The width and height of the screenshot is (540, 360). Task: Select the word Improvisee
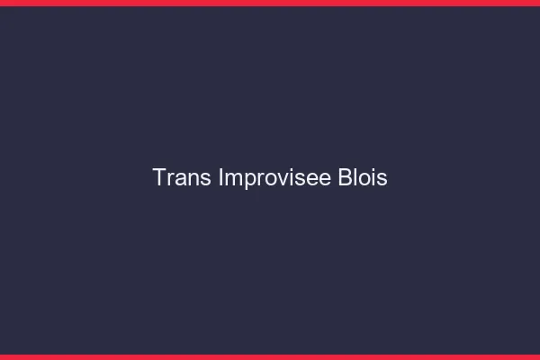pyautogui.click(x=274, y=178)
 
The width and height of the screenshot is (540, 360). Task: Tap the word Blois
pyautogui.click(x=362, y=178)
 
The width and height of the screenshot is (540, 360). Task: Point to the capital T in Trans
pyautogui.click(x=159, y=178)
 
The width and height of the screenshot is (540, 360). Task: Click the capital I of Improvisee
pyautogui.click(x=220, y=178)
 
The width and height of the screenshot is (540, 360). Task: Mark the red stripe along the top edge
pyautogui.click(x=270, y=3)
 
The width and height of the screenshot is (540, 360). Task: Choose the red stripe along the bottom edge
pyautogui.click(x=270, y=356)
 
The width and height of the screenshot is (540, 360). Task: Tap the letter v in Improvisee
pyautogui.click(x=281, y=179)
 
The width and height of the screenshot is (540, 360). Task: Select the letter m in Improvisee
pyautogui.click(x=231, y=179)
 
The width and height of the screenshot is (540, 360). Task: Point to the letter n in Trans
pyautogui.click(x=193, y=179)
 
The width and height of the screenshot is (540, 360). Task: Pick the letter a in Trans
pyautogui.click(x=182, y=179)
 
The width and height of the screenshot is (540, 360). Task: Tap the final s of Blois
pyautogui.click(x=382, y=179)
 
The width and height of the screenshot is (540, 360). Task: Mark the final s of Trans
pyautogui.click(x=206, y=179)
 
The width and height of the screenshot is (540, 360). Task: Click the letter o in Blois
pyautogui.click(x=364, y=179)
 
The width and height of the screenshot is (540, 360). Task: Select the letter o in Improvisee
pyautogui.click(x=268, y=179)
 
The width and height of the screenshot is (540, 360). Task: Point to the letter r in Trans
pyautogui.click(x=172, y=179)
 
